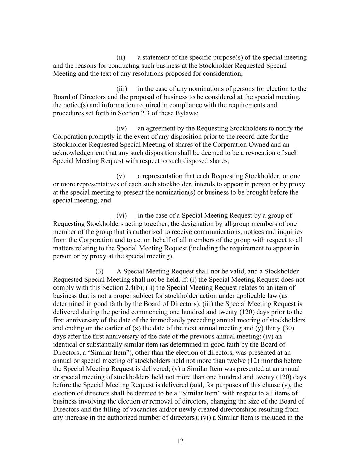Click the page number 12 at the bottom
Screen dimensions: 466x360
click(180, 441)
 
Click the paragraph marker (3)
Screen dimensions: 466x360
click(99, 271)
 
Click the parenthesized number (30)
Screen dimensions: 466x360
click(288, 328)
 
